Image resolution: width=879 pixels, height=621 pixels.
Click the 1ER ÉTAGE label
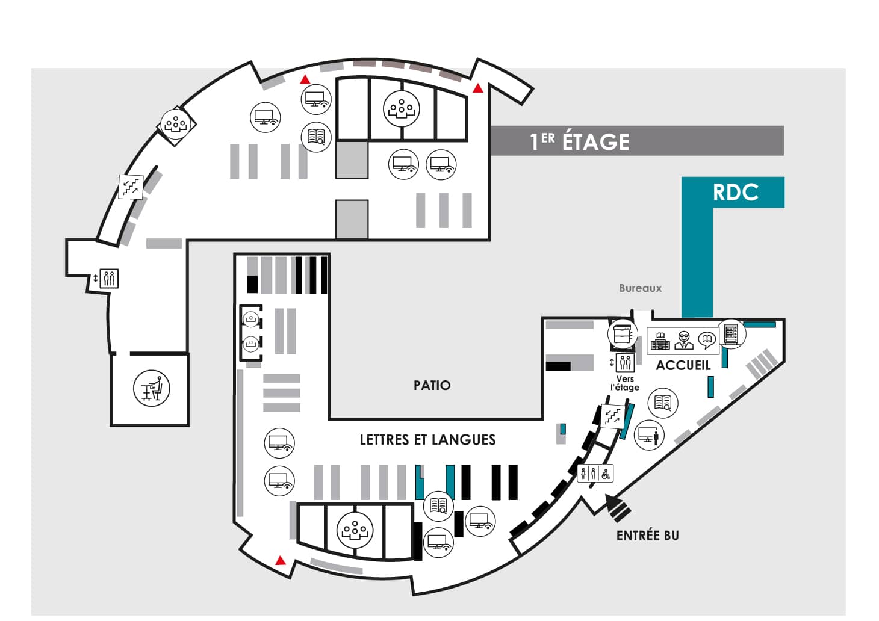click(x=579, y=141)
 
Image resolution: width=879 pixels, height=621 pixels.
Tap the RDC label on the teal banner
click(x=735, y=192)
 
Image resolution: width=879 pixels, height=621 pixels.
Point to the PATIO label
click(x=432, y=385)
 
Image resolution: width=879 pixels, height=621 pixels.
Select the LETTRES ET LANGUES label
click(x=427, y=440)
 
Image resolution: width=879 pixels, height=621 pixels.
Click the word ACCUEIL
click(x=683, y=365)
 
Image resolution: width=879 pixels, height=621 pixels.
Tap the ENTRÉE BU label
click(x=647, y=536)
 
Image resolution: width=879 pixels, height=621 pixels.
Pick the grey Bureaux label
click(x=641, y=288)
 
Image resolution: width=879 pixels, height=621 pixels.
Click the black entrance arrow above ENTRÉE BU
click(x=617, y=508)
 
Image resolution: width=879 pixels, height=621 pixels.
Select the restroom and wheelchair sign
click(x=595, y=474)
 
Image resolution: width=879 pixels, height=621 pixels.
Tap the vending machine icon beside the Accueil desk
click(x=731, y=334)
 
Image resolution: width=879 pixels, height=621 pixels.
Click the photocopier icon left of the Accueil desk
click(x=623, y=334)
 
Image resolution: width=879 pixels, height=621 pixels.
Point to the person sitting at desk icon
click(x=152, y=388)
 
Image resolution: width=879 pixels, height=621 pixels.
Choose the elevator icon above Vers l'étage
click(x=625, y=363)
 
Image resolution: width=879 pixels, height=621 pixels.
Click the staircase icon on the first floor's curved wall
click(x=131, y=187)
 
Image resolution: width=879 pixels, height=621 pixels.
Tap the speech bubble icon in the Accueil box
click(x=707, y=341)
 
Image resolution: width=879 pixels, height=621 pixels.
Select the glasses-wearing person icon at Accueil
click(x=683, y=340)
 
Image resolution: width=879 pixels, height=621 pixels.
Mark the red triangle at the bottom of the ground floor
click(x=280, y=560)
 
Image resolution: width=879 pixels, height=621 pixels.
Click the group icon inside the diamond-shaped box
click(x=176, y=124)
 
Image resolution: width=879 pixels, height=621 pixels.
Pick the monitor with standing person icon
click(x=649, y=435)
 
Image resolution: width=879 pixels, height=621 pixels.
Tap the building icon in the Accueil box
click(x=660, y=341)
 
